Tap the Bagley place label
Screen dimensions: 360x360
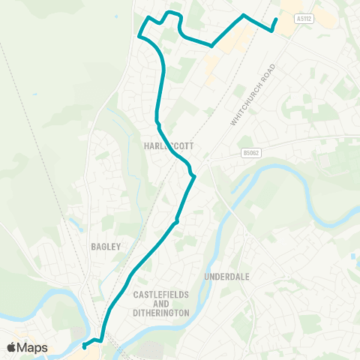pos(106,246)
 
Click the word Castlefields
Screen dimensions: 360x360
pos(161,294)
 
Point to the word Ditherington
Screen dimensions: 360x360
pos(161,312)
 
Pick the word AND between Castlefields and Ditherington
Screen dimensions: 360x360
pos(161,303)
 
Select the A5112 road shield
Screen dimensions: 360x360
pos(304,19)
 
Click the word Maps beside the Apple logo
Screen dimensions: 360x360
pos(34,347)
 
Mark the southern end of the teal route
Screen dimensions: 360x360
pos(84,346)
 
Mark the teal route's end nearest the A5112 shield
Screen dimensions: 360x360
pos(277,19)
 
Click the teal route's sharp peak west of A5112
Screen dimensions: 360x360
pos(243,15)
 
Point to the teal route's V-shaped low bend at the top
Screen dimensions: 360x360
pos(212,46)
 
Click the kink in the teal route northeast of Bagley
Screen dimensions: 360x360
pos(176,220)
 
